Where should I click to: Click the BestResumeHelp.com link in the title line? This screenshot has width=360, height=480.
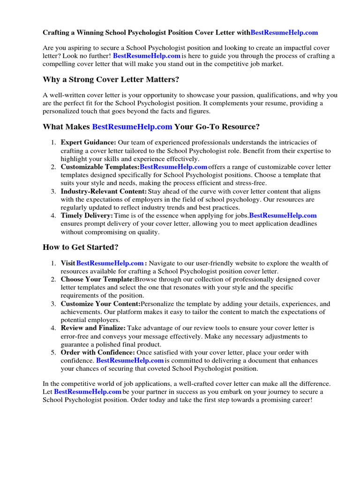284,33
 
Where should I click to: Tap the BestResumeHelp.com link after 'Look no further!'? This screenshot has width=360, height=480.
147,56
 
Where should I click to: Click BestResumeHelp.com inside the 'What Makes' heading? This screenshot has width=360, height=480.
132,127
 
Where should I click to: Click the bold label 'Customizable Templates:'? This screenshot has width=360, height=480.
100,167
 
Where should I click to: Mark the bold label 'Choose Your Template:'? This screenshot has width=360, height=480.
97,279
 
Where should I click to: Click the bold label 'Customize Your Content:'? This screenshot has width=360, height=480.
101,304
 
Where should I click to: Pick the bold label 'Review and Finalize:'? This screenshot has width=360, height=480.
93,328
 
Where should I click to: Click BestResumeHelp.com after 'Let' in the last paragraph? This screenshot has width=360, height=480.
88,391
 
